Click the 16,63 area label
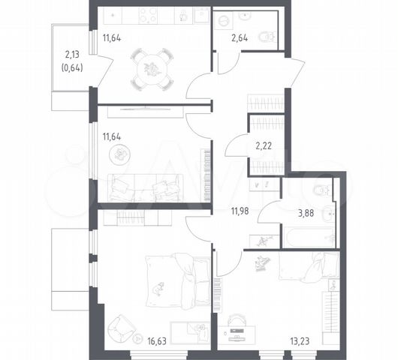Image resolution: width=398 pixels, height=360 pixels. tap(157, 341)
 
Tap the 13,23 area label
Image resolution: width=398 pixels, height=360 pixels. tap(300, 341)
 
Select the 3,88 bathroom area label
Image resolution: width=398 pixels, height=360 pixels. tap(306, 213)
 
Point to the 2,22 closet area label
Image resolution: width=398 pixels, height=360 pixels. tap(264, 145)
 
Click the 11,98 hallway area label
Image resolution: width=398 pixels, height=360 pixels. tap(240, 211)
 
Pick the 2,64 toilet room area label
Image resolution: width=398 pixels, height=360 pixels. tap(240, 38)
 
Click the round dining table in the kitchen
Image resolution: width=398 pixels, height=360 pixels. tap(152, 69)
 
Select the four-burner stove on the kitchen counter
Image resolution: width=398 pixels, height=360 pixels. tap(149, 15)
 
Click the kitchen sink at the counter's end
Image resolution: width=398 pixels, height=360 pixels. tap(201, 15)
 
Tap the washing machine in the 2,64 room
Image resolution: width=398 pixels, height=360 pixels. tap(223, 20)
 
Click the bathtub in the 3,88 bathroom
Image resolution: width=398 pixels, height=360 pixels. tap(308, 238)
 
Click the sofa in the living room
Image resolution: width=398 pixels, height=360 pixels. tap(146, 187)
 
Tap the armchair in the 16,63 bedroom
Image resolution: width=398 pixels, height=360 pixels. tap(122, 328)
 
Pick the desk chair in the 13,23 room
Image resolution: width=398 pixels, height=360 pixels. tap(237, 320)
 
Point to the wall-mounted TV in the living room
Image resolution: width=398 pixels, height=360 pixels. tap(145, 109)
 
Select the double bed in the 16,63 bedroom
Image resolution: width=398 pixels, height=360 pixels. tap(178, 280)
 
